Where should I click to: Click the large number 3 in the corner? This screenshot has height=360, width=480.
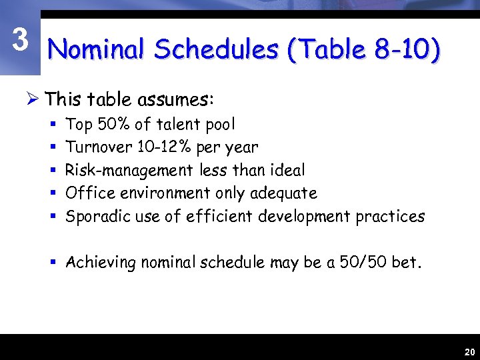21,41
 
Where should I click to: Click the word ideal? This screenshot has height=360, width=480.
286,170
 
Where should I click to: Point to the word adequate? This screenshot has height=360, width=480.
283,193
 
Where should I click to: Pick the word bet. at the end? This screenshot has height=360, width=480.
407,263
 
